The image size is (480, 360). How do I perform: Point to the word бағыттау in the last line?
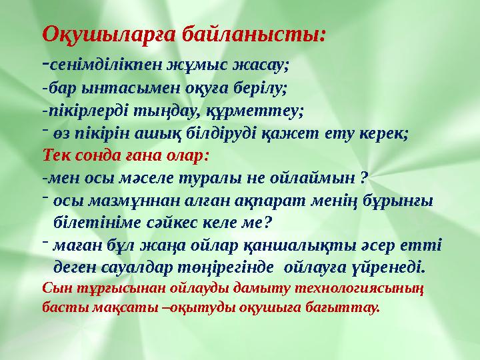[345, 308]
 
